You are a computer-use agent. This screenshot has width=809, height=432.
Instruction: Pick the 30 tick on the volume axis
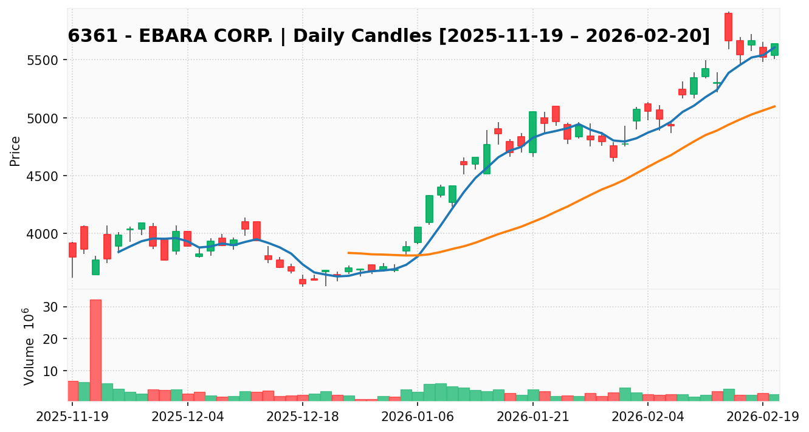51,307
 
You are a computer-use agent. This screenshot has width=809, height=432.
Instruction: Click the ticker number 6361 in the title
84,36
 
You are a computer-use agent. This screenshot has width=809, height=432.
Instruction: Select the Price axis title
15,151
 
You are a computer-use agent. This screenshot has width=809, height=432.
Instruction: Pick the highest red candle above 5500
728,27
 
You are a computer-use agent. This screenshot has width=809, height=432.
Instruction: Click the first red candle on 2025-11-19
72,250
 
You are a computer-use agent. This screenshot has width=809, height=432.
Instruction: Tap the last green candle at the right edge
774,49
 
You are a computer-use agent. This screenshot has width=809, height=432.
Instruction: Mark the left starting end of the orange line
348,253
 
